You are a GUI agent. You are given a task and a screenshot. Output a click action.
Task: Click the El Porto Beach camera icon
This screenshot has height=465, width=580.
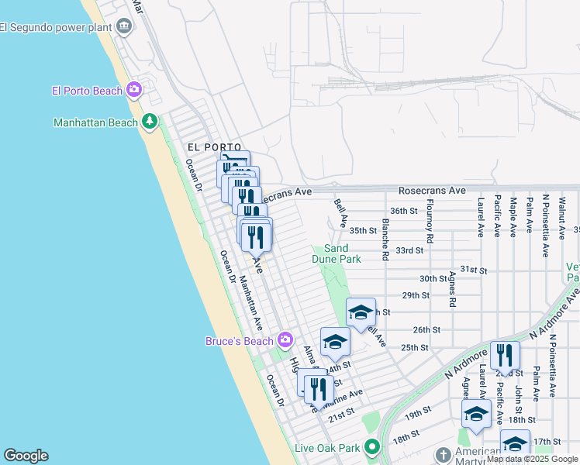[134, 91]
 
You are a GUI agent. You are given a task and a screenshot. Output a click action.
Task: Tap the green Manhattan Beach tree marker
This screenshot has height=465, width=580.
[149, 122]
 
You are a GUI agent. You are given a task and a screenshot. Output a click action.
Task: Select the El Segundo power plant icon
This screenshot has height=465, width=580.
[124, 28]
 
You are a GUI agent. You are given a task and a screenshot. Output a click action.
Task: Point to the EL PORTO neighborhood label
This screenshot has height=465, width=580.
[209, 146]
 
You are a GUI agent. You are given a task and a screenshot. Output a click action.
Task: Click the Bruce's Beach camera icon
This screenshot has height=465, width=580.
[285, 341]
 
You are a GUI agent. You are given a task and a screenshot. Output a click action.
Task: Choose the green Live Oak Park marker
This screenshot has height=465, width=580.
[371, 448]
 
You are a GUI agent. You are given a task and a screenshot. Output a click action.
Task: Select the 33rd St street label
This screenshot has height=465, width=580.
[409, 250]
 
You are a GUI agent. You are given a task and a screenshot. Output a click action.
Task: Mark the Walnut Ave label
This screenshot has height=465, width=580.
[561, 213]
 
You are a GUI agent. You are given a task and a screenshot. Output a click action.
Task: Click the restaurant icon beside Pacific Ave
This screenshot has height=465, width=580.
[505, 355]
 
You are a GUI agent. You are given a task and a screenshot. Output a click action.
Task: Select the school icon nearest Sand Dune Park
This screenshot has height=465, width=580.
[361, 312]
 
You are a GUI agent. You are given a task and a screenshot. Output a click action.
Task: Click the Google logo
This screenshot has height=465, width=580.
[26, 456]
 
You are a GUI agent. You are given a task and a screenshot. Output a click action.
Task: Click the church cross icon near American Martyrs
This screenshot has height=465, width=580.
[443, 454]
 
